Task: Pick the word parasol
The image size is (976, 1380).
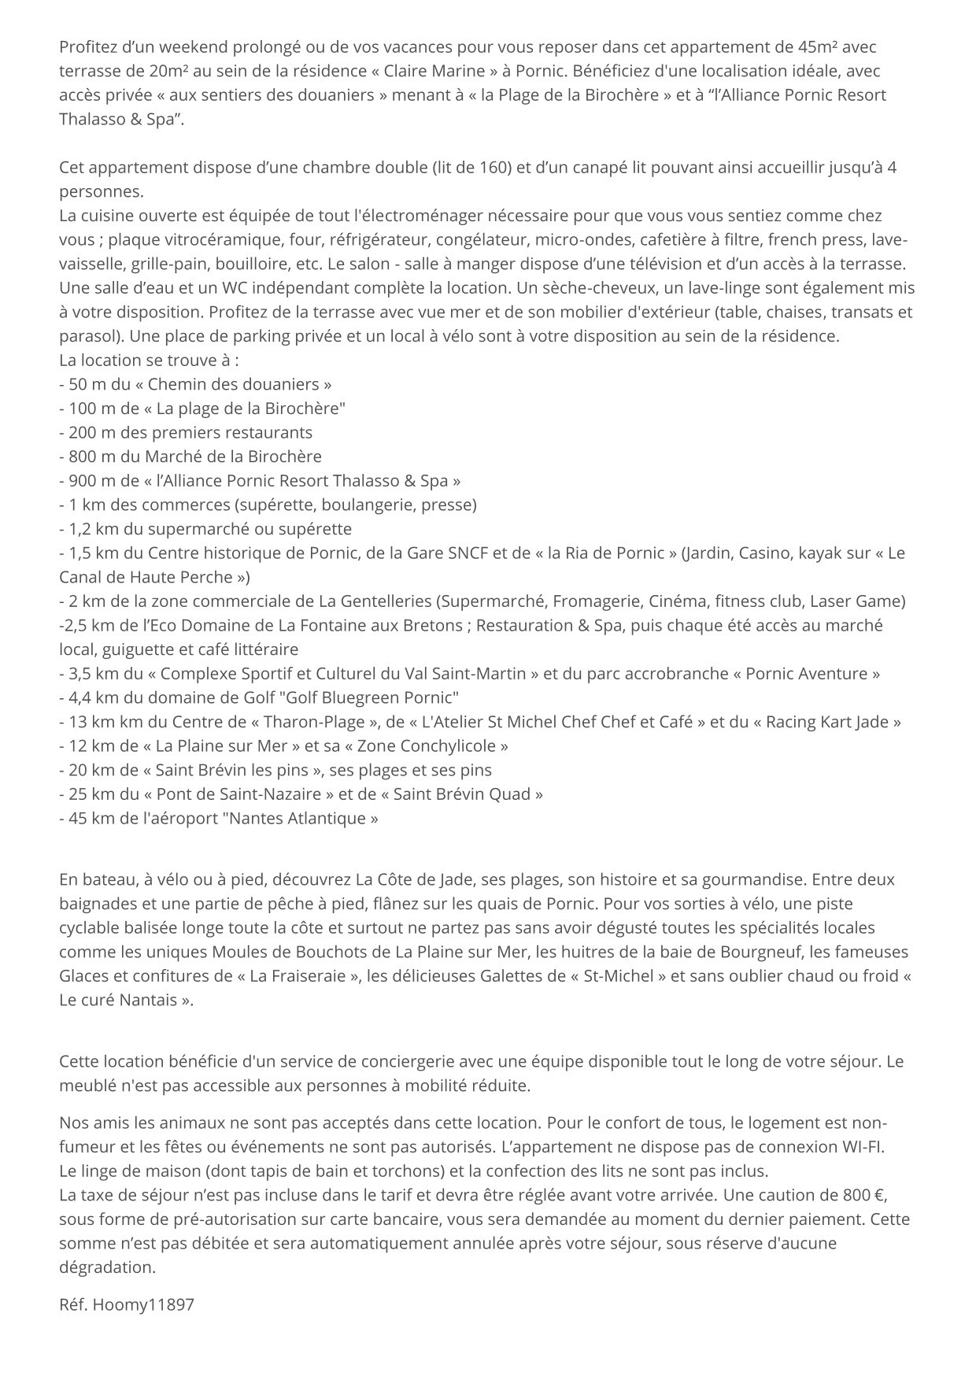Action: point(90,336)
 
